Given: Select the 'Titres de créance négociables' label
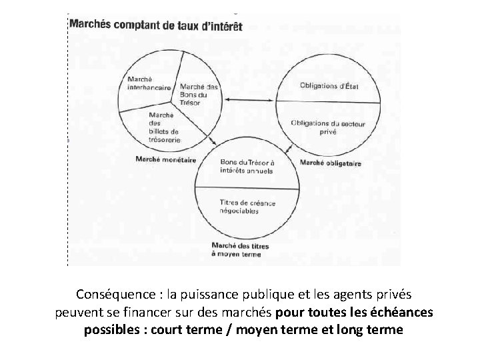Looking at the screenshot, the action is click(247, 207).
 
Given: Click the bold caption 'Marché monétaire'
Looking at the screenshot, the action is click(165, 159).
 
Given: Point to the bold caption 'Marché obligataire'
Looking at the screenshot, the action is click(331, 162).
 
